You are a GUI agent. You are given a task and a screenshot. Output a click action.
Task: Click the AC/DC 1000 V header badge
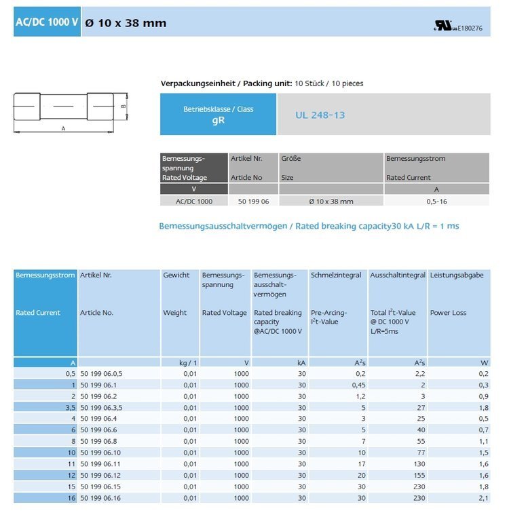[x=47, y=22]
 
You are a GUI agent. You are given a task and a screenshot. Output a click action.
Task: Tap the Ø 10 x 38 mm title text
[x=126, y=22]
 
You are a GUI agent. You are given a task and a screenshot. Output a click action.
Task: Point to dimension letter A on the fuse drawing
[x=63, y=128]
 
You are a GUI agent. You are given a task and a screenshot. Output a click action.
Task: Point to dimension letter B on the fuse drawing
[x=123, y=106]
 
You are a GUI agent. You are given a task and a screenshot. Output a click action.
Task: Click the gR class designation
[x=218, y=120]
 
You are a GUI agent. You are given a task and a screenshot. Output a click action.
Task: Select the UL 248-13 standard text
[x=320, y=115]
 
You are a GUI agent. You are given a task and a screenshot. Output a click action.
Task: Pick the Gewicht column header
[x=175, y=275]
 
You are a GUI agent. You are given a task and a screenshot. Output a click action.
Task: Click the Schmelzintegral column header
[x=336, y=275]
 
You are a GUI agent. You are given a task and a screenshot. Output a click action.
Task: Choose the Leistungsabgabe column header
[x=457, y=275]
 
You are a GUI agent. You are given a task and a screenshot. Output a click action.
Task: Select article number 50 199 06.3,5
[x=101, y=407]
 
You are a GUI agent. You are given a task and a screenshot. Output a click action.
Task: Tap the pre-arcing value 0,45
[x=357, y=385]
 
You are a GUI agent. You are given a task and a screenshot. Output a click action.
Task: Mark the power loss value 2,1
[x=483, y=497]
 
